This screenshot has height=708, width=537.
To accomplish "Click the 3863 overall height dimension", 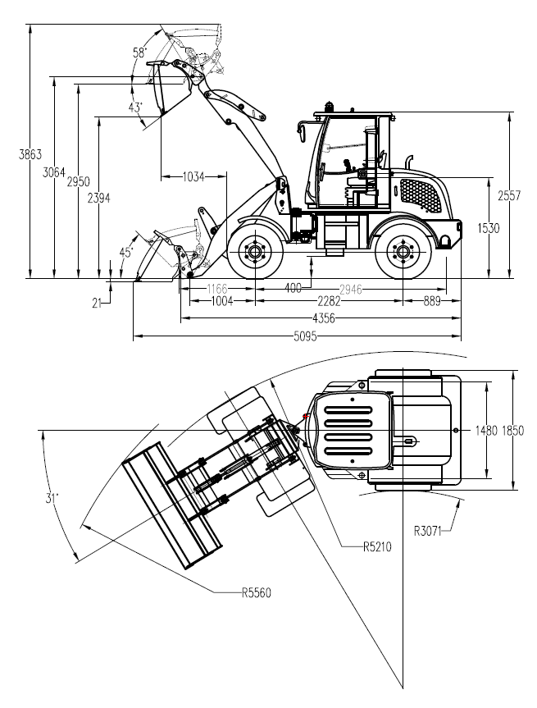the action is (30, 154).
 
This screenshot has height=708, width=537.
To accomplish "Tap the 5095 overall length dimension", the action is (306, 336).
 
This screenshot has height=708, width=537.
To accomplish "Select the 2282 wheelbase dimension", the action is (329, 301).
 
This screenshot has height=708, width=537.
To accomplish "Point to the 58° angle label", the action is (140, 53).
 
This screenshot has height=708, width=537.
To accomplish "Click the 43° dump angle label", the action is (135, 107).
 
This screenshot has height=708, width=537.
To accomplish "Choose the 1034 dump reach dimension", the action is (193, 176).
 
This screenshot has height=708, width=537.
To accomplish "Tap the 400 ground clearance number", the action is (294, 288).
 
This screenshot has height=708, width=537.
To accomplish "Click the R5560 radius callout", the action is (257, 592).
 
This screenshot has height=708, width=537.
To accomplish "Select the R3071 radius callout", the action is (427, 531).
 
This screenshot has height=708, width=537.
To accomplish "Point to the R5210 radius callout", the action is (377, 547).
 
